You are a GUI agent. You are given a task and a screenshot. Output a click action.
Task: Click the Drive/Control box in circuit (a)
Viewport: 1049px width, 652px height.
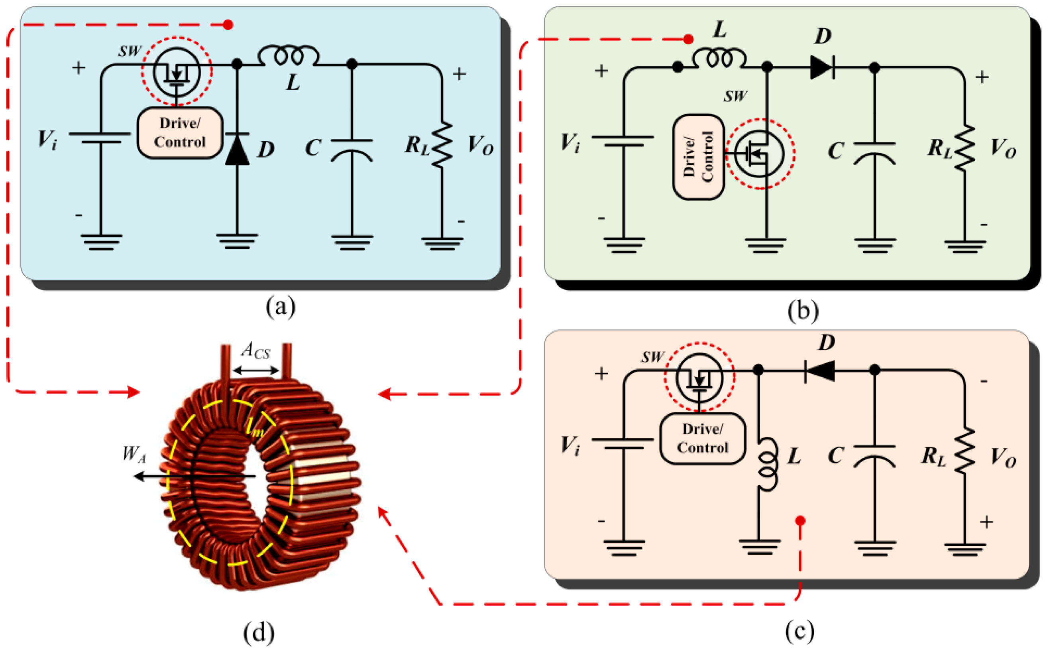180,133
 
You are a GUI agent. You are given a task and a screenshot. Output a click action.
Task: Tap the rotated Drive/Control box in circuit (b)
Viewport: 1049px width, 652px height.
699,157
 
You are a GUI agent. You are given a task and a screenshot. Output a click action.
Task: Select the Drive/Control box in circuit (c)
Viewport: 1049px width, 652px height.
703,439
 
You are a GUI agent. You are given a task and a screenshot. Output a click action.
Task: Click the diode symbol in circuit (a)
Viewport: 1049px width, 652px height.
237,149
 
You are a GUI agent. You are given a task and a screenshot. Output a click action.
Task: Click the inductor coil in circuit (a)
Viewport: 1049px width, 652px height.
288,56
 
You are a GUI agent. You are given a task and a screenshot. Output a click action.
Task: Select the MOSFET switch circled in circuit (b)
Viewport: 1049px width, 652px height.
760,154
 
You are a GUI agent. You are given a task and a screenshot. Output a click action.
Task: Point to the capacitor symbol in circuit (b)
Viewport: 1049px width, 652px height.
874,153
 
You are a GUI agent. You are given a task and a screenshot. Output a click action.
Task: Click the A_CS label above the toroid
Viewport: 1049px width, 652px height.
255,351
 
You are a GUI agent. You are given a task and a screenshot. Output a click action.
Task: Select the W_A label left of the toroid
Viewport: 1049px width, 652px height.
134,454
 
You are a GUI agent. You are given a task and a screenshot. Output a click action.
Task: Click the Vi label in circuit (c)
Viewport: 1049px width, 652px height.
570,445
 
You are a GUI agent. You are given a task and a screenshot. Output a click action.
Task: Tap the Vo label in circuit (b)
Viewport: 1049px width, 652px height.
1003,148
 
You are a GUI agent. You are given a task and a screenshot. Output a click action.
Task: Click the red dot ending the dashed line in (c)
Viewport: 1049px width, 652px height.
800,521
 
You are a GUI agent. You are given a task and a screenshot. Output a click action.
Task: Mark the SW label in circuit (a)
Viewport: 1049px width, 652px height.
129,51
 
